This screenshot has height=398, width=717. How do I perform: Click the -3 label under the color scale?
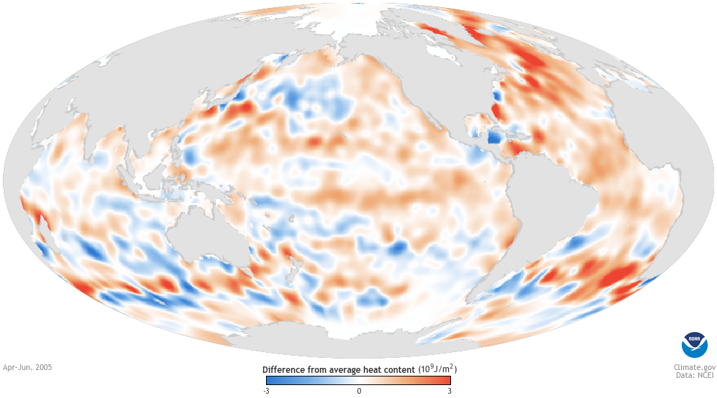coord(265,391)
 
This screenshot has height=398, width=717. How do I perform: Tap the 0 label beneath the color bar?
coord(358,391)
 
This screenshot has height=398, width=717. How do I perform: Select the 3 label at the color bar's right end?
coord(449,391)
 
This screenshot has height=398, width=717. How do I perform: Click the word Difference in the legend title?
coord(283,369)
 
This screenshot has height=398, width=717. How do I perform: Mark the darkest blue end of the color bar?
coord(268,380)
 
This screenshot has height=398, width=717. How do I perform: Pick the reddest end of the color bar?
coord(448,380)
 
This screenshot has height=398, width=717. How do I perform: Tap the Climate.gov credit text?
coord(685,366)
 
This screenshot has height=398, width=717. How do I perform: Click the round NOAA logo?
coord(693,345)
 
